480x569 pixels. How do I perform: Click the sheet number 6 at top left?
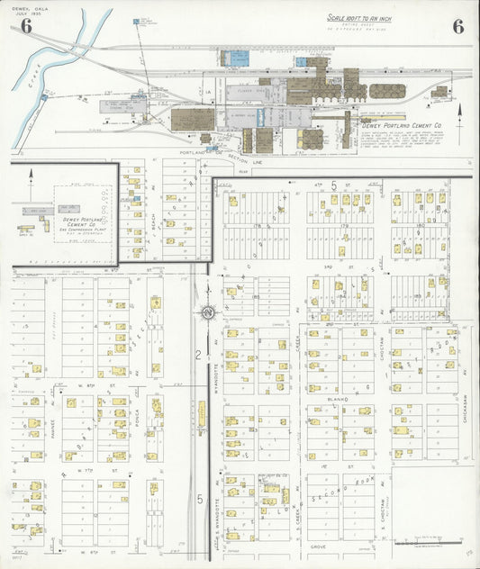click(x=26, y=27)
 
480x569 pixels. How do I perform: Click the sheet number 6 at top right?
click(x=457, y=26)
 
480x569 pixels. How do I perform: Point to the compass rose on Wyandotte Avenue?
click(x=206, y=312)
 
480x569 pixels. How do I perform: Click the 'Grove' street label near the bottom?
click(x=318, y=546)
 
